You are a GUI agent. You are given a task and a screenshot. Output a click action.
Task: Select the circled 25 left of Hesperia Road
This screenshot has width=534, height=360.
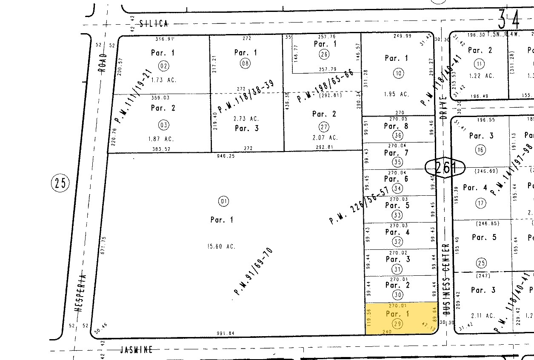pyautogui.click(x=60, y=183)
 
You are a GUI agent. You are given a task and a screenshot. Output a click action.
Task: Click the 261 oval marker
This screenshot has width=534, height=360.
pyautogui.click(x=445, y=167)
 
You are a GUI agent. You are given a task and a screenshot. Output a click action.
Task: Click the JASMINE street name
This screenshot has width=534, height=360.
pyautogui.click(x=136, y=350)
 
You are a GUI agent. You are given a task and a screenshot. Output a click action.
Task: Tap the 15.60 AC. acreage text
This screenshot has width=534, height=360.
pyautogui.click(x=222, y=246)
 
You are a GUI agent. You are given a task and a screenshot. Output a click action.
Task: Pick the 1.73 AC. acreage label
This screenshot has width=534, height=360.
pyautogui.click(x=163, y=80)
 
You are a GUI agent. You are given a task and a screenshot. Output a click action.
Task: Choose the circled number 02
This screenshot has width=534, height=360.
pyautogui.click(x=163, y=66)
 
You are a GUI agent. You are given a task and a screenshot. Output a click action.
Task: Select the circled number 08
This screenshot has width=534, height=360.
pyautogui.click(x=246, y=63)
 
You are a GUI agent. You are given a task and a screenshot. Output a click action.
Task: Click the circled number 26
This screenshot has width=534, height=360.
pyautogui.click(x=324, y=54)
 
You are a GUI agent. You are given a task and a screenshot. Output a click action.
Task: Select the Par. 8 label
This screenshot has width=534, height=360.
pyautogui.click(x=396, y=126)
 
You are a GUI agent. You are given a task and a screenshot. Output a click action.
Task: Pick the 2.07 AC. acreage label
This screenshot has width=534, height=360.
pyautogui.click(x=325, y=137)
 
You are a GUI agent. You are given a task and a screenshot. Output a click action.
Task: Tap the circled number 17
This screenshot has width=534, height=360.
pyautogui.click(x=481, y=203)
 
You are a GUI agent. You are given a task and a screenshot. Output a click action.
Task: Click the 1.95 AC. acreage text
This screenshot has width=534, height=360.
pyautogui.click(x=397, y=94)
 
